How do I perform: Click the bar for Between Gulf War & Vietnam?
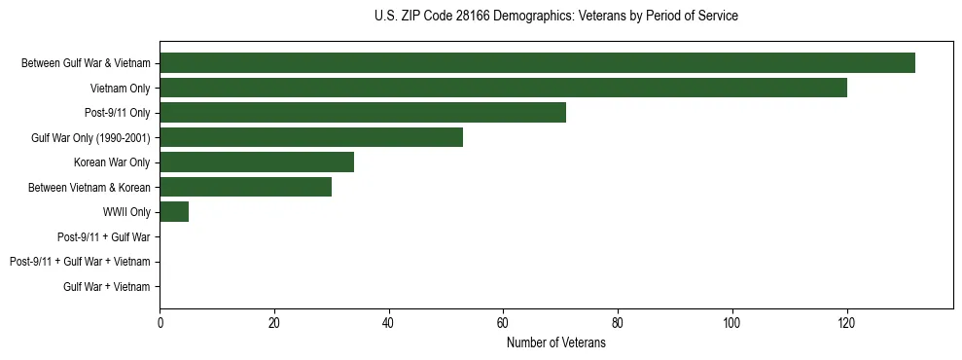pyautogui.click(x=537, y=63)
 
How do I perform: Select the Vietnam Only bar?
pyautogui.click(x=503, y=88)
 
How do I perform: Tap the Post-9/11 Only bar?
pyautogui.click(x=363, y=113)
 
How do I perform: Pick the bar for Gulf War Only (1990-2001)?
pyautogui.click(x=311, y=137)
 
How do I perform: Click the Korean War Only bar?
pyautogui.click(x=257, y=162)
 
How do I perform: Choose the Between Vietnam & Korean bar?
pyautogui.click(x=245, y=187)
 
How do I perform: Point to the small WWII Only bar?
pyautogui.click(x=174, y=212)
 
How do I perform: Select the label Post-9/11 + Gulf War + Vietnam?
pyautogui.click(x=80, y=262)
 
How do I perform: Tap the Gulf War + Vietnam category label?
pyautogui.click(x=107, y=287)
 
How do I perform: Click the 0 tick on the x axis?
pyautogui.click(x=160, y=325)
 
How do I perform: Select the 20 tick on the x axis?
pyautogui.click(x=274, y=325)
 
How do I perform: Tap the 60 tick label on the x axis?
pyautogui.click(x=503, y=325)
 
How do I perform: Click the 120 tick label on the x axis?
pyautogui.click(x=846, y=325)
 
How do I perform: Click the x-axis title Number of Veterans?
pyautogui.click(x=555, y=343)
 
